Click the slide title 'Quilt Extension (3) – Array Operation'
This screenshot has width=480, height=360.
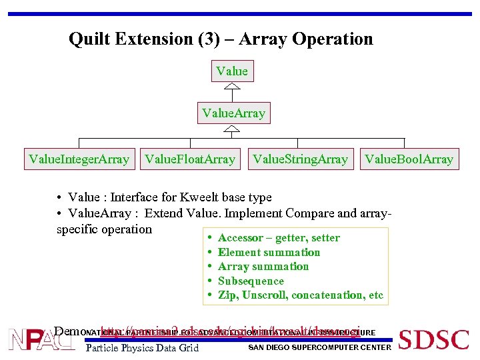pos(221,39)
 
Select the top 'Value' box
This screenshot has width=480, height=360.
pos(232,71)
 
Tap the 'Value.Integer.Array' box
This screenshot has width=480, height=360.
pos(79,159)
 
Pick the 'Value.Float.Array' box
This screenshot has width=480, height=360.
pos(190,159)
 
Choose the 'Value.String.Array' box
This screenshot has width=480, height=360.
pos(299,159)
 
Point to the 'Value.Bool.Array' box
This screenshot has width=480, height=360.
pos(409,159)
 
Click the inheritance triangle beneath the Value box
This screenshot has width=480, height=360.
pos(232,87)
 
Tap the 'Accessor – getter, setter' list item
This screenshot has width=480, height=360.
pos(279,238)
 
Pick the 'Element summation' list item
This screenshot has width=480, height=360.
pos(269,252)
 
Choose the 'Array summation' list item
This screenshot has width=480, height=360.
pos(263,266)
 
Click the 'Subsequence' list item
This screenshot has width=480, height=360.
pos(251,281)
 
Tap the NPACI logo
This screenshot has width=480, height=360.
pos(41,339)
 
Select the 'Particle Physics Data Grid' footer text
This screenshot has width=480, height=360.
pos(143,347)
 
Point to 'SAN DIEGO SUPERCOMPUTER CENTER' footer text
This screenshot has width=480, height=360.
pos(319,347)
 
